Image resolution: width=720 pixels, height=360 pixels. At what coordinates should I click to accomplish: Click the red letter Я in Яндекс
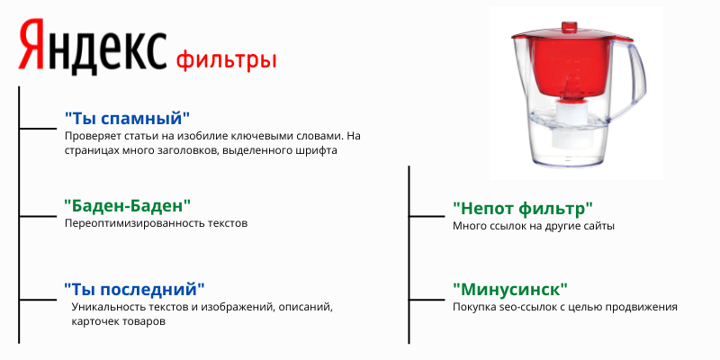point(32,48)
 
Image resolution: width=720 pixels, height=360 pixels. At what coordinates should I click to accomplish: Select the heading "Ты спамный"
point(128,118)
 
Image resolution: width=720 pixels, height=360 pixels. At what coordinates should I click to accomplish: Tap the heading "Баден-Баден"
point(128,206)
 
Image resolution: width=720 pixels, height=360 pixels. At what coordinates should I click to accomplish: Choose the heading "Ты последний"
point(134,289)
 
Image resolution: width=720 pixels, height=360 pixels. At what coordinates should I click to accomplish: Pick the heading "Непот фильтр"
point(523,209)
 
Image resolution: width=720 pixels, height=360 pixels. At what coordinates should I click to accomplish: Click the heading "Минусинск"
point(509,290)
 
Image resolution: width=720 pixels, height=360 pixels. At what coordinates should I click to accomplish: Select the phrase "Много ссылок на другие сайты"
point(533,226)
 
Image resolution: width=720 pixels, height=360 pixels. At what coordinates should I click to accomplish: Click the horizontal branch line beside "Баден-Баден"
point(37,216)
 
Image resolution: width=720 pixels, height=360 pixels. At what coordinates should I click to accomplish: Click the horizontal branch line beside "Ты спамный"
point(37,129)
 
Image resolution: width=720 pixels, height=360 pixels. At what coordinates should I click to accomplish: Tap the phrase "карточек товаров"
point(117,321)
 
